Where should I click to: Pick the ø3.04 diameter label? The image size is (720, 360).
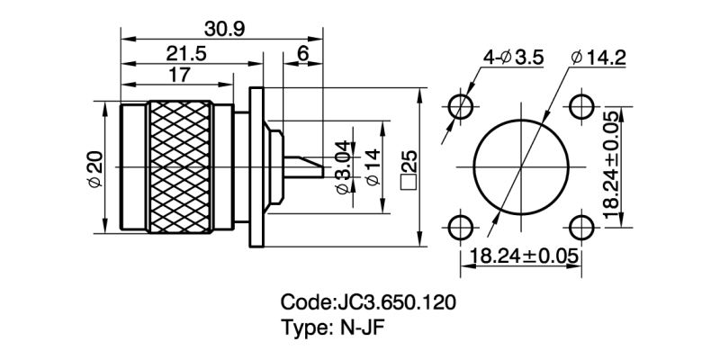pyautogui.click(x=343, y=167)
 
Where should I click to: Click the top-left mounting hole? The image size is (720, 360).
pyautogui.click(x=461, y=104)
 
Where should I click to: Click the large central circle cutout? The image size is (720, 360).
pyautogui.click(x=520, y=165)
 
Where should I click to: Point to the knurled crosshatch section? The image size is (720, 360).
pyautogui.click(x=182, y=167)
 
